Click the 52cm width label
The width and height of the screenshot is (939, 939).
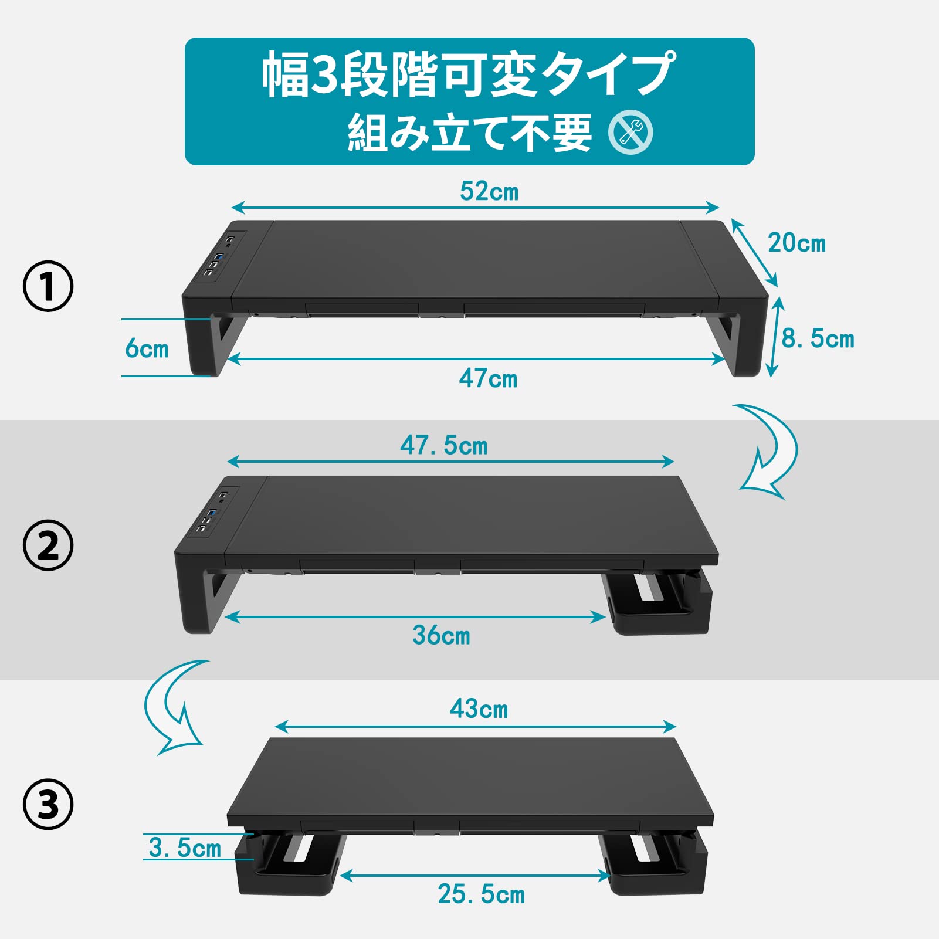(489, 192)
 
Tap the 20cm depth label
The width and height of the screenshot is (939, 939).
(796, 243)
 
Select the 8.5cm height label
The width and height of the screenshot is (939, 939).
(818, 339)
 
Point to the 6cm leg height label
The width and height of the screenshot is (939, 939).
(147, 348)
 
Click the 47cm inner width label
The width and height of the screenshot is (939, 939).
(488, 379)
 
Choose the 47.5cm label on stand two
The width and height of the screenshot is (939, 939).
(443, 446)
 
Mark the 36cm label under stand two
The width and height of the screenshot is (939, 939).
(441, 635)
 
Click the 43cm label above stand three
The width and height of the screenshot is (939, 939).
(479, 709)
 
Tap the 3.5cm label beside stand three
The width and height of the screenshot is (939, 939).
(185, 848)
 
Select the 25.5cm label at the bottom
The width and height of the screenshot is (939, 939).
(481, 894)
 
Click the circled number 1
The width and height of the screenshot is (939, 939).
(48, 286)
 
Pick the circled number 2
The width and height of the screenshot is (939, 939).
(48, 545)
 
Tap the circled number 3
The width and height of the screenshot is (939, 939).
(48, 804)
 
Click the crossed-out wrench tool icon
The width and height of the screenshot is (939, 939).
(630, 133)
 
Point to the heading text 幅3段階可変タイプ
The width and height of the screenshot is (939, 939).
(468, 74)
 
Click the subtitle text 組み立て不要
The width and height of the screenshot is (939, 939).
(469, 133)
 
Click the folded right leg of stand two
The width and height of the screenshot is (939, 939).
(660, 604)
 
